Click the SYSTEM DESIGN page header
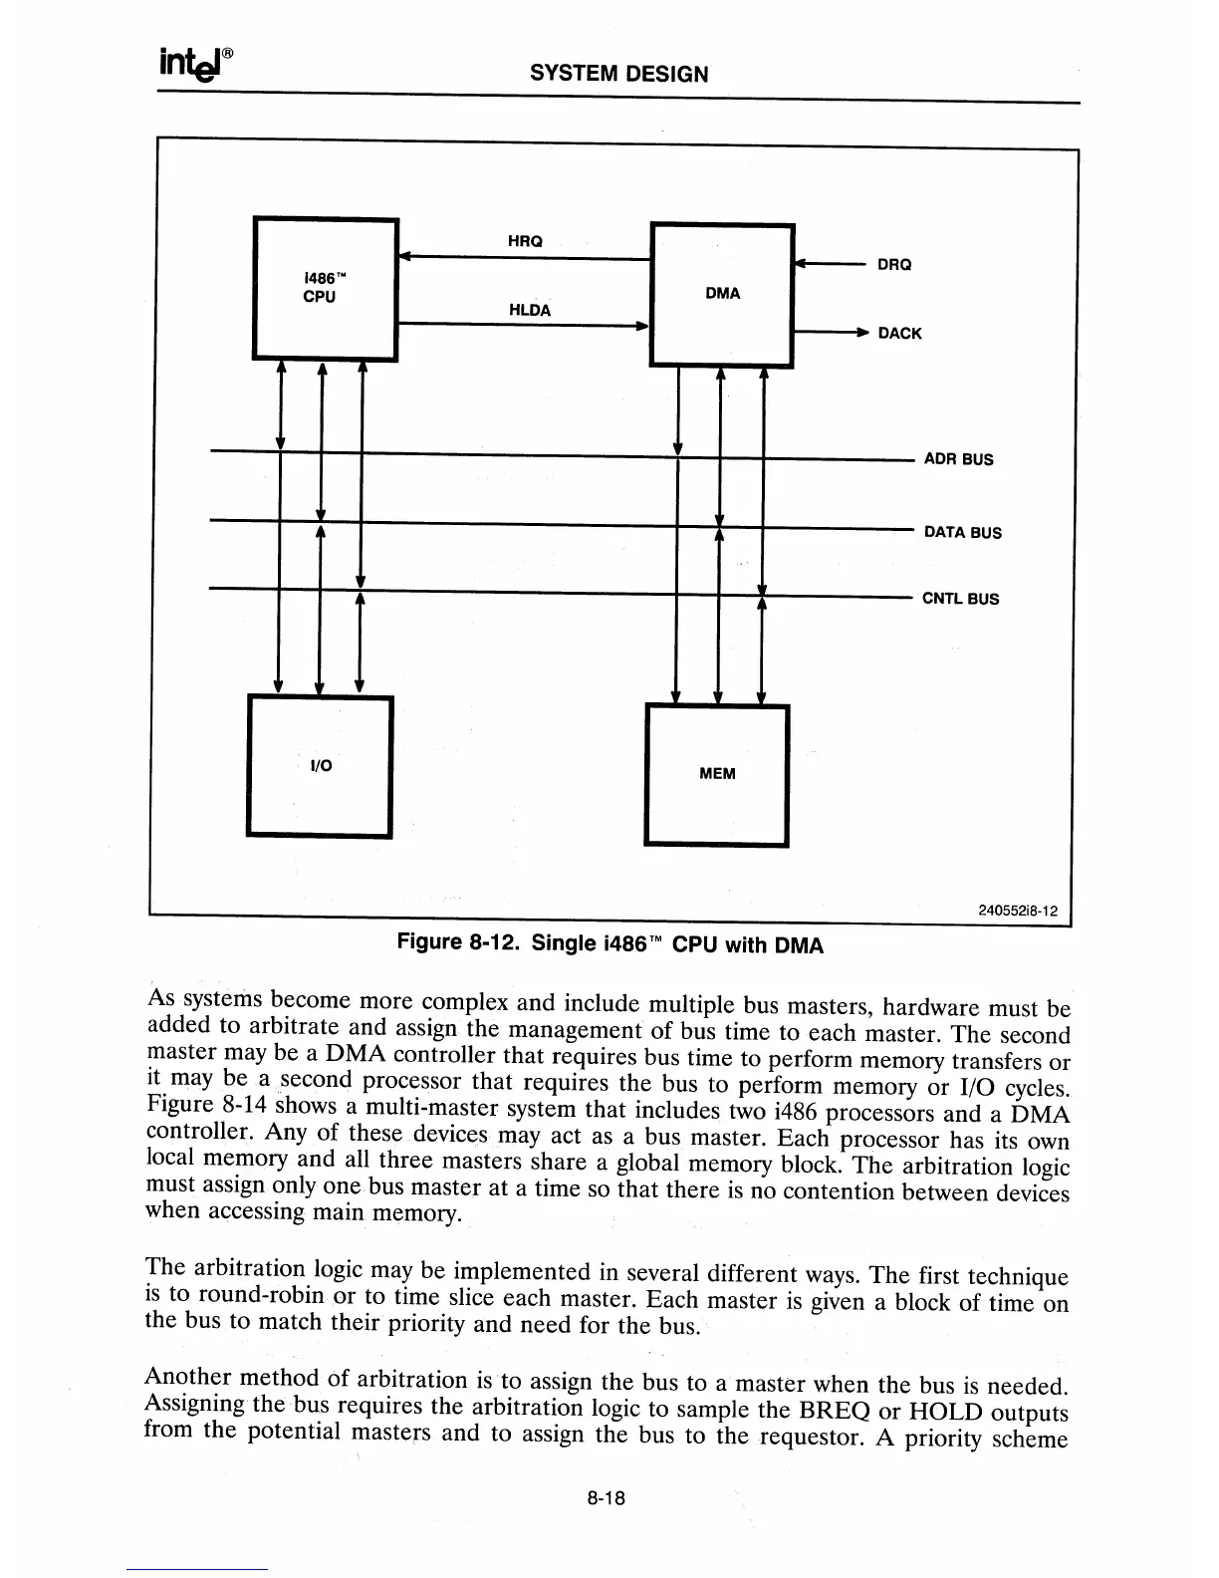tap(618, 73)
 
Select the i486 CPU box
tap(326, 288)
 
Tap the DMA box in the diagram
tap(721, 295)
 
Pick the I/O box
tap(320, 765)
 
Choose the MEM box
tap(717, 773)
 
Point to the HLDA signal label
tap(529, 310)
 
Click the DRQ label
tap(893, 265)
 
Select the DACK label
tap(899, 334)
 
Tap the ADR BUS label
tap(958, 459)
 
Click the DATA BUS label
tap(962, 532)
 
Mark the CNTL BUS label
tap(960, 599)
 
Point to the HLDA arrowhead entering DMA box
tap(641, 325)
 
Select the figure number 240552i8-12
tap(1017, 910)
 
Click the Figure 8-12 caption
tap(609, 943)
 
